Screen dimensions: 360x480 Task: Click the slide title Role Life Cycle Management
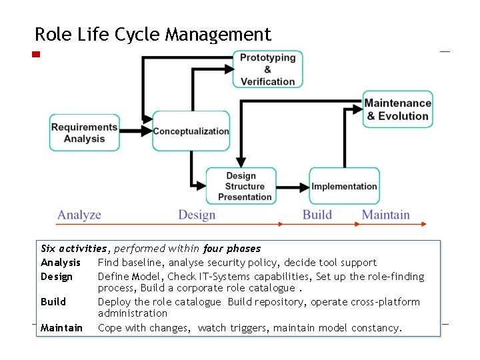pyautogui.click(x=153, y=34)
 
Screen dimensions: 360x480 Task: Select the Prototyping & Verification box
pyautogui.click(x=267, y=69)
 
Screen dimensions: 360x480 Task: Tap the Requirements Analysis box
pyautogui.click(x=84, y=133)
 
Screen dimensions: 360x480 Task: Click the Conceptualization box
pyautogui.click(x=191, y=131)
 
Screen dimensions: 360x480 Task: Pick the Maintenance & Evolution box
pyautogui.click(x=397, y=109)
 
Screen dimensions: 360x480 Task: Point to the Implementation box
pyautogui.click(x=344, y=186)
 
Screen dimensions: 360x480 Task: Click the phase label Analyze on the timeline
pyautogui.click(x=79, y=215)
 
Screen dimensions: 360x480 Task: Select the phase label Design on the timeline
pyautogui.click(x=197, y=215)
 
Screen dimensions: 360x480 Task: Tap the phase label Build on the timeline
pyautogui.click(x=317, y=215)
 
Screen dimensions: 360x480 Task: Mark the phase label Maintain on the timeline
pyautogui.click(x=385, y=215)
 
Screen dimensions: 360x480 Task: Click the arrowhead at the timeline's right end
pyautogui.click(x=423, y=223)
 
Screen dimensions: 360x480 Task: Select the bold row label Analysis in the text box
pyautogui.click(x=61, y=263)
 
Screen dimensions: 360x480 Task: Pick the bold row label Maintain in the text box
pyautogui.click(x=62, y=328)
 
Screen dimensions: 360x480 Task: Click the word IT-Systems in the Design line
pyautogui.click(x=191, y=277)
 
